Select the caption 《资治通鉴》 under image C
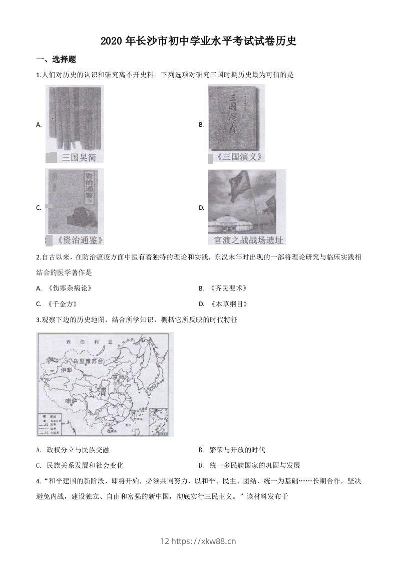coord(79,239)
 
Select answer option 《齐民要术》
coord(228,289)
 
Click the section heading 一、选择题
coord(56,59)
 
